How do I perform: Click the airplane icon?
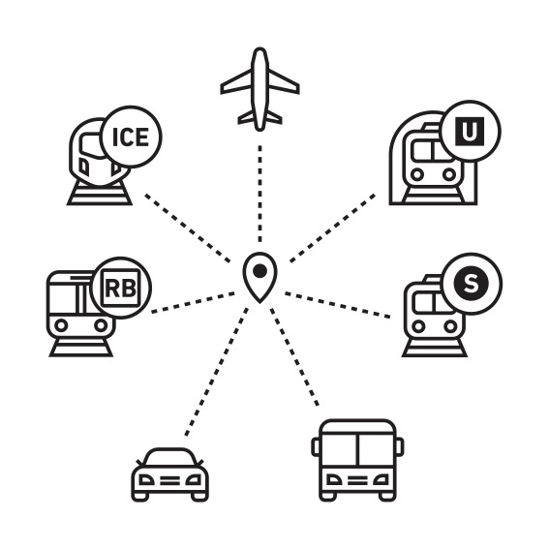click(x=259, y=90)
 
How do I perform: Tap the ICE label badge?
click(x=131, y=137)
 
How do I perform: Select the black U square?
click(x=470, y=132)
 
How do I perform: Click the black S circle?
click(x=471, y=283)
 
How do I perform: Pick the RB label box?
click(x=120, y=289)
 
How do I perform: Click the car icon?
click(x=170, y=474)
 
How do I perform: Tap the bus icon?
click(x=357, y=460)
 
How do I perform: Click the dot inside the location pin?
click(x=259, y=271)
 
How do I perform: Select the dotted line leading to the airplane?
click(x=259, y=194)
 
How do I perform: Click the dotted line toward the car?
click(x=217, y=372)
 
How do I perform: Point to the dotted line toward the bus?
click(x=294, y=356)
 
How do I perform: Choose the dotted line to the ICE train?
click(x=188, y=228)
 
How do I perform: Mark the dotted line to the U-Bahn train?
click(x=333, y=228)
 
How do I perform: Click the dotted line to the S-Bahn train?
click(x=338, y=305)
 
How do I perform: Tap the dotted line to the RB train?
click(x=193, y=302)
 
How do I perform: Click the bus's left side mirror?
click(x=316, y=447)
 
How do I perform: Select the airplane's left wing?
click(x=236, y=82)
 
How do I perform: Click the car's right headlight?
click(x=194, y=480)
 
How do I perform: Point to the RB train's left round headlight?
click(x=61, y=325)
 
